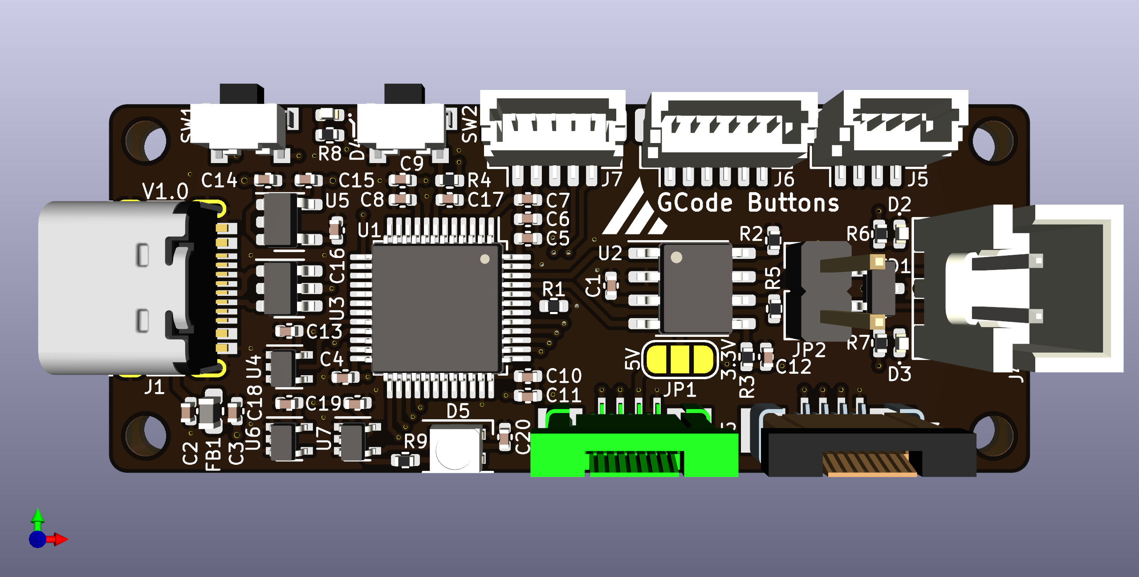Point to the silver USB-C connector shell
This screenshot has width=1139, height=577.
(111, 287)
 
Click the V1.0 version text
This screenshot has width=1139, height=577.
(165, 192)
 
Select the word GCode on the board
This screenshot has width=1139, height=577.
(695, 203)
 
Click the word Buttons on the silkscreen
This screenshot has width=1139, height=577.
(793, 203)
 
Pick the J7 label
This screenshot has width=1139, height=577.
(611, 180)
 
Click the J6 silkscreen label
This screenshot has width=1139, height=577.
(784, 180)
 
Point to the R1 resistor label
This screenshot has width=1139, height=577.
(553, 289)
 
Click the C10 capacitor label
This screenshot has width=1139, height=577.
(564, 376)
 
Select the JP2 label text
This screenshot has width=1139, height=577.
(809, 350)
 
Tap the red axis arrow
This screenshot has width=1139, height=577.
(60, 539)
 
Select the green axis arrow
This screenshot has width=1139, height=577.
(38, 517)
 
